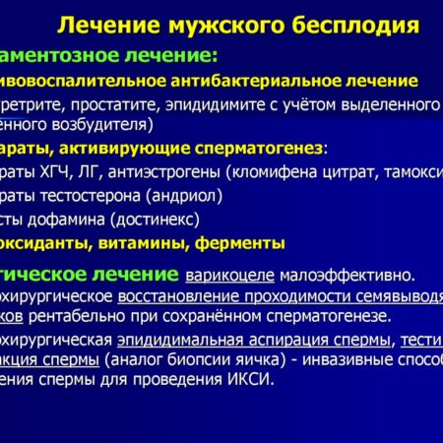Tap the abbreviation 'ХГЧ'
pos(78,171)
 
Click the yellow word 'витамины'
pos(144,242)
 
